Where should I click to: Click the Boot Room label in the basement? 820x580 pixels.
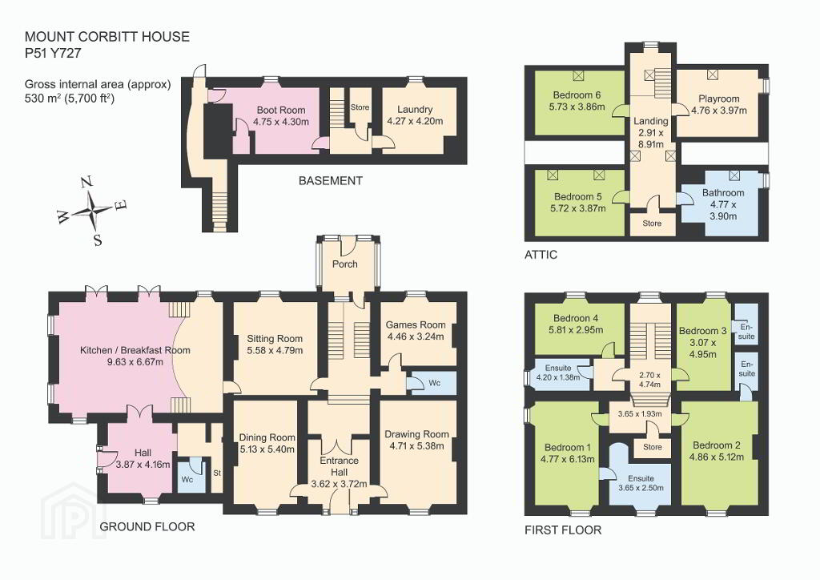pyautogui.click(x=281, y=111)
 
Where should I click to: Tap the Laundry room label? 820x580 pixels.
pyautogui.click(x=415, y=109)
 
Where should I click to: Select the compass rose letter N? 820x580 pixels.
pyautogui.click(x=86, y=182)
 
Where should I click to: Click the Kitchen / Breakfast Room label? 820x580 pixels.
pyautogui.click(x=135, y=350)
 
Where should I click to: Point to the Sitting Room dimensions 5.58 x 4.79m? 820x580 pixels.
pyautogui.click(x=275, y=350)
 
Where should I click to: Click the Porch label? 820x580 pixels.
pyautogui.click(x=345, y=264)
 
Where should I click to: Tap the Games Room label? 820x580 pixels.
pyautogui.click(x=416, y=324)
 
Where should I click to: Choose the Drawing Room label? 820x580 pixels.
pyautogui.click(x=416, y=434)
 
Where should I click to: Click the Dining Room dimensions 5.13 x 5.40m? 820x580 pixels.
pyautogui.click(x=267, y=449)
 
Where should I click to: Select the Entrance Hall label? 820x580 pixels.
pyautogui.click(x=340, y=466)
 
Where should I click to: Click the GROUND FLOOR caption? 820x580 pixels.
pyautogui.click(x=147, y=526)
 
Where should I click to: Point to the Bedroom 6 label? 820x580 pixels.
pyautogui.click(x=577, y=95)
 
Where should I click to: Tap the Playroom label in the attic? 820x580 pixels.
pyautogui.click(x=719, y=99)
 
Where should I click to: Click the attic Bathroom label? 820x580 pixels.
pyautogui.click(x=723, y=193)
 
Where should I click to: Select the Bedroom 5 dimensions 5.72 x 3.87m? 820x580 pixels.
pyautogui.click(x=578, y=208)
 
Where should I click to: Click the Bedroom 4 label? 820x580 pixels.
pyautogui.click(x=576, y=318)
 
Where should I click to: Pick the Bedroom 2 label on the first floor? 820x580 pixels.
pyautogui.click(x=717, y=445)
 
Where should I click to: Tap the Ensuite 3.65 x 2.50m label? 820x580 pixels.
pyautogui.click(x=641, y=483)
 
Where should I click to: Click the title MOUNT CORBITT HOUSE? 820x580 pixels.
pyautogui.click(x=107, y=37)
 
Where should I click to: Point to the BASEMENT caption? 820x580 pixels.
pyautogui.click(x=331, y=181)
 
